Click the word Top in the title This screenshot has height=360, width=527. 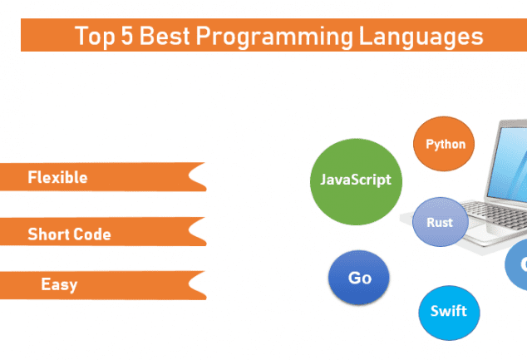pos(95,37)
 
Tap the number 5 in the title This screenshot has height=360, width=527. pos(127,35)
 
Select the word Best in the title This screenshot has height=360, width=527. pos(165,35)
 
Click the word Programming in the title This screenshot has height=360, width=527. pos(274,37)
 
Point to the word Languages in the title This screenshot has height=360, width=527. pos(421,37)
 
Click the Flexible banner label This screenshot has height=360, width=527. pos(57,177)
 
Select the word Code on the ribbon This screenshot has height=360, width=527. pos(90,234)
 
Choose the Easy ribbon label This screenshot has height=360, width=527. pos(59,285)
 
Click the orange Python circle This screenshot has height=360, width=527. pos(444,144)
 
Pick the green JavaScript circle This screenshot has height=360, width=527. pos(356,182)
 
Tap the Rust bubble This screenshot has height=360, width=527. pos(441,222)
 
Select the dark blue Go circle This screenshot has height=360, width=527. pos(359,278)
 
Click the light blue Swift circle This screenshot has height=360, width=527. pos(449,313)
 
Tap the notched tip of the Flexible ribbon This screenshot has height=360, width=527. pos(190,176)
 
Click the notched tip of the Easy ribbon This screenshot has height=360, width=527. pos(190,284)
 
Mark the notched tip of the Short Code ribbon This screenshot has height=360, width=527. pos(190,231)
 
